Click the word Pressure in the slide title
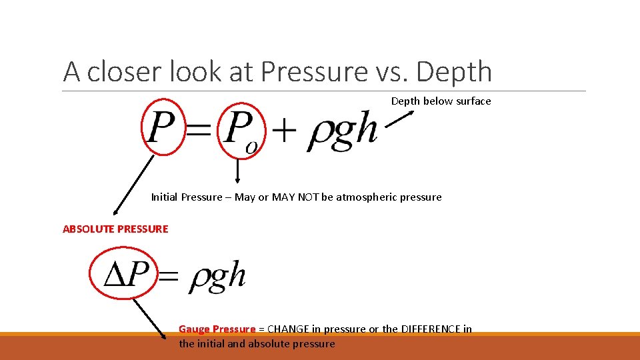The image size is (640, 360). (x=316, y=72)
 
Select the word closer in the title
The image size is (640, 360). (x=124, y=72)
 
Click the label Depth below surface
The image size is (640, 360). (x=441, y=101)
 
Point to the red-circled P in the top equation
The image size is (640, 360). (x=161, y=128)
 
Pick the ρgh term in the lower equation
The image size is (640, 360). (x=217, y=275)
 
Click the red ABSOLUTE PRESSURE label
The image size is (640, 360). (x=115, y=229)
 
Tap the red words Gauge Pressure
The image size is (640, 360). (x=217, y=329)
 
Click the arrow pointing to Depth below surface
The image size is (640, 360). (x=399, y=118)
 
